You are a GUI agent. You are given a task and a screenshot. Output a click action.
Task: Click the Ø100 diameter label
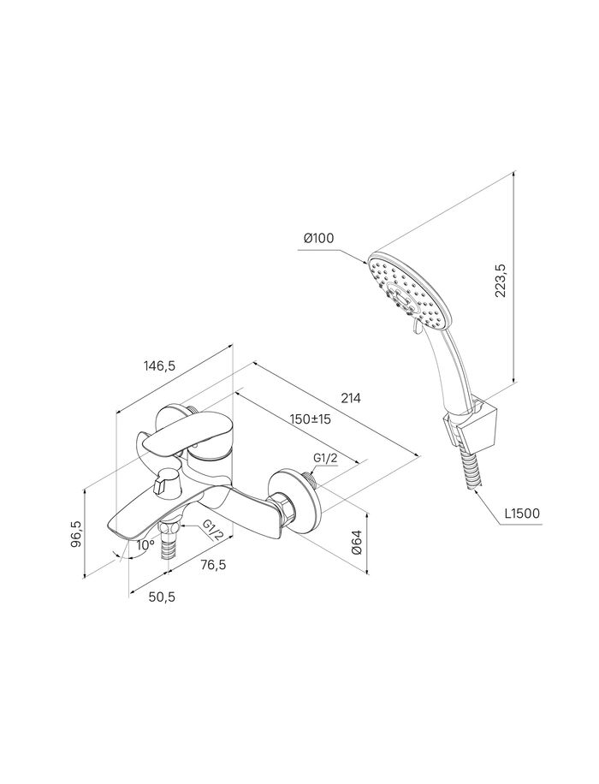coord(318,239)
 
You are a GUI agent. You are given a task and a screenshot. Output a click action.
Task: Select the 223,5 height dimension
coord(501,281)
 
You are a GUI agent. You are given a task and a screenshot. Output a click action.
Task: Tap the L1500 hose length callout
coord(521,513)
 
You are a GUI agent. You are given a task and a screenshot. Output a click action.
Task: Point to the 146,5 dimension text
coord(159,365)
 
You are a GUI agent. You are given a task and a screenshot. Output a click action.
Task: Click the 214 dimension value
coord(351,398)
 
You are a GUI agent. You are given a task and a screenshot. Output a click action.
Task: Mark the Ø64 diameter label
coord(357,543)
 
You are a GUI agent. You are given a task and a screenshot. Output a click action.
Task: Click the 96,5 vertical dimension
coord(76,534)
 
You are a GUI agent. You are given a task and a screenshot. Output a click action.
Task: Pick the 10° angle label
coord(145,545)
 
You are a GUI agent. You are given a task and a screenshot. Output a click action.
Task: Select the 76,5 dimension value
coord(213,565)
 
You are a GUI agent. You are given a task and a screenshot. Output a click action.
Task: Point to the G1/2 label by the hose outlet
coord(212,531)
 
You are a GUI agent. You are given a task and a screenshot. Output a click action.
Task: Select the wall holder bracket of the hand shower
coord(471,423)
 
